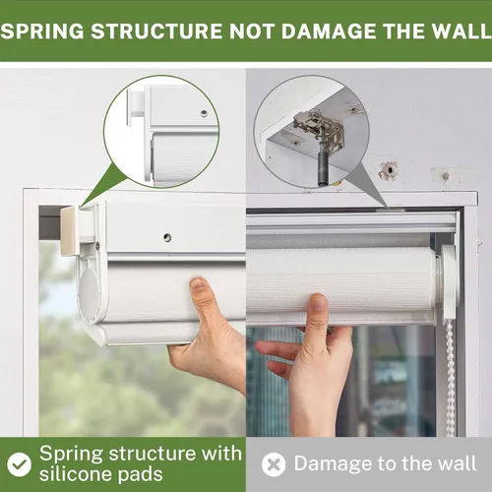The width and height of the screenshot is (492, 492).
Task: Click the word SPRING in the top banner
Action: (42, 31)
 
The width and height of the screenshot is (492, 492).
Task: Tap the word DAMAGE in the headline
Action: (330, 31)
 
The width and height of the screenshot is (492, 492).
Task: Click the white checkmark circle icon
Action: (20, 464)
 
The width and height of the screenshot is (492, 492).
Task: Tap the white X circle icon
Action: (274, 464)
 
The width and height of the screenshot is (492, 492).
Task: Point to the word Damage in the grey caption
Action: (334, 464)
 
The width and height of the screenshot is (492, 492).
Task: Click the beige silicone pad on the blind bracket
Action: (69, 230)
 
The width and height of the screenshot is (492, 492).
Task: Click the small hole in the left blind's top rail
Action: (167, 237)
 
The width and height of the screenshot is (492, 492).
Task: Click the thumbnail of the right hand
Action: (318, 302)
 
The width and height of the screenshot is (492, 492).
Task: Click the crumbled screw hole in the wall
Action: (389, 170)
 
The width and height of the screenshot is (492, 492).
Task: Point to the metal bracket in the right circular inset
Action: (319, 127)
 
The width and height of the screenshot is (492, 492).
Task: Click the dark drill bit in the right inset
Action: (323, 168)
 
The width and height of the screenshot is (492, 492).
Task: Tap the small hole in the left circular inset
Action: (204, 113)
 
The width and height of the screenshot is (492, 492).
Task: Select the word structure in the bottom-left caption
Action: (154, 454)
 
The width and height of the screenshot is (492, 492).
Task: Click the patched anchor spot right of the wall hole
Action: (446, 176)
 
